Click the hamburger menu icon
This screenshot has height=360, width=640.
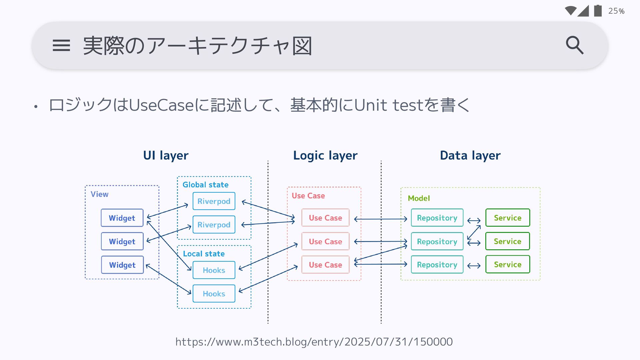pyautogui.click(x=61, y=45)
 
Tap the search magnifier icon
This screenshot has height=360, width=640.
pyautogui.click(x=574, y=45)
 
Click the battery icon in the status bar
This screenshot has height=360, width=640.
pyautogui.click(x=598, y=11)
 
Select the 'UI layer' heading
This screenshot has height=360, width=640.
pyautogui.click(x=166, y=155)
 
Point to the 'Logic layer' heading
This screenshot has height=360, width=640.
pyautogui.click(x=325, y=155)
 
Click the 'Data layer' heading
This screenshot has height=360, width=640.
pyautogui.click(x=470, y=155)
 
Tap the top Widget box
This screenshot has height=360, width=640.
pyautogui.click(x=122, y=218)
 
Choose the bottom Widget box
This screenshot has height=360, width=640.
pyautogui.click(x=122, y=265)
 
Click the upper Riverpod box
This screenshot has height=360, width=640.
pyautogui.click(x=214, y=201)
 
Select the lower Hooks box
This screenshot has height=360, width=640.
pyautogui.click(x=214, y=294)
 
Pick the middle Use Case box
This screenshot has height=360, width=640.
pyautogui.click(x=325, y=241)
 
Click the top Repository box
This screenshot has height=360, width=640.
pyautogui.click(x=437, y=218)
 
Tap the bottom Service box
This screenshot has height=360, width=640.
pyautogui.click(x=507, y=265)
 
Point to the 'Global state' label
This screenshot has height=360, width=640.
pyautogui.click(x=205, y=185)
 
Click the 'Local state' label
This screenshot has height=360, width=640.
pyautogui.click(x=204, y=254)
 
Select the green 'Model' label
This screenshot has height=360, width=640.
pyautogui.click(x=419, y=198)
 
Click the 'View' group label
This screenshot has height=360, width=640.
pyautogui.click(x=99, y=194)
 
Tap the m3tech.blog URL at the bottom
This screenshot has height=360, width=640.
pyautogui.click(x=314, y=342)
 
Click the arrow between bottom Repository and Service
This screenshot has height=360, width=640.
pyautogui.click(x=474, y=266)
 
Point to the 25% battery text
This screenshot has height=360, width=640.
pyautogui.click(x=616, y=11)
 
